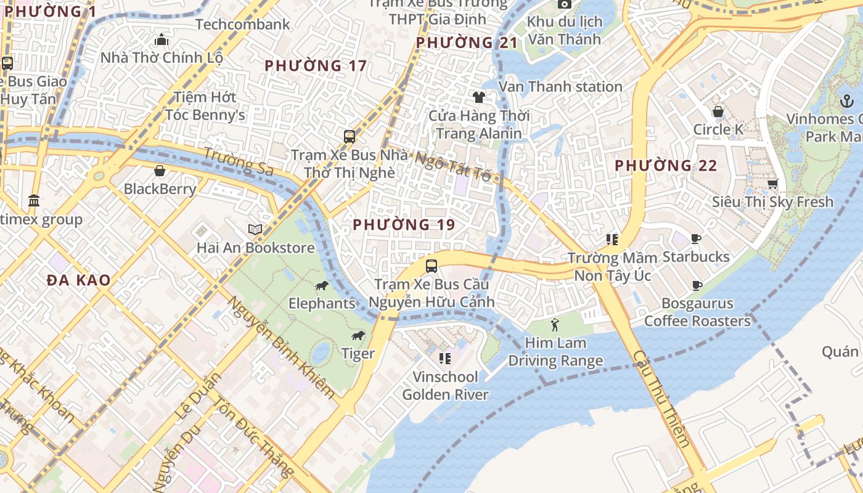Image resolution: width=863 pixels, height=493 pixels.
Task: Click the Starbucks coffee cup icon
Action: tap(696, 238)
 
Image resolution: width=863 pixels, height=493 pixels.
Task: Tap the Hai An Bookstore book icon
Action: tap(255, 229)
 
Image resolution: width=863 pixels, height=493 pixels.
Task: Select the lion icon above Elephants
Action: tap(321, 285)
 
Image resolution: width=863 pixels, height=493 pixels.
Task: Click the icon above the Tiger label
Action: tap(358, 335)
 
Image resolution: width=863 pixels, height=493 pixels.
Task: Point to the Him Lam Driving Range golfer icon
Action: tap(555, 324)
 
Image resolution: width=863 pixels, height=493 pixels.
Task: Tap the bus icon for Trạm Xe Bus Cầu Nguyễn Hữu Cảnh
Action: tap(431, 266)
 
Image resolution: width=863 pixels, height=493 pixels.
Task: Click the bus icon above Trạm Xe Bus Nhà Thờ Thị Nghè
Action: tap(350, 136)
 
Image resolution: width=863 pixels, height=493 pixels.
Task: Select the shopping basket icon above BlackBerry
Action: tap(160, 171)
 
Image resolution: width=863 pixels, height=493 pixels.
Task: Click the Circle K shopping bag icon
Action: tap(718, 112)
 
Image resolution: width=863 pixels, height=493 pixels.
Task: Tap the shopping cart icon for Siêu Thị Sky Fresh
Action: tap(772, 184)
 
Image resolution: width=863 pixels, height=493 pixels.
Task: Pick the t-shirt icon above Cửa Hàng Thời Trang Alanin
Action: tap(478, 97)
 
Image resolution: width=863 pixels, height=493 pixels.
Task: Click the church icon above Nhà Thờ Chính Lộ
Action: tap(162, 40)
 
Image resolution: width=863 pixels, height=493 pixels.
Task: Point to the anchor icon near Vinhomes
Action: tap(847, 100)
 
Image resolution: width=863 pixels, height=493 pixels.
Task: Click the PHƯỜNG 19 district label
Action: tap(404, 225)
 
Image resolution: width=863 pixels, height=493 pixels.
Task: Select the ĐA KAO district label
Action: tap(79, 280)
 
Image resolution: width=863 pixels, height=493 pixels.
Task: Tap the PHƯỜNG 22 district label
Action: tap(666, 165)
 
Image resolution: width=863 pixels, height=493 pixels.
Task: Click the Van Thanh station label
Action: tap(560, 87)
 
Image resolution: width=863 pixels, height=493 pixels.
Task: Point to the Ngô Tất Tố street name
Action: tap(453, 166)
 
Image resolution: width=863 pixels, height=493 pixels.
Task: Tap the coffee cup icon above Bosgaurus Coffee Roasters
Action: tap(697, 285)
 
